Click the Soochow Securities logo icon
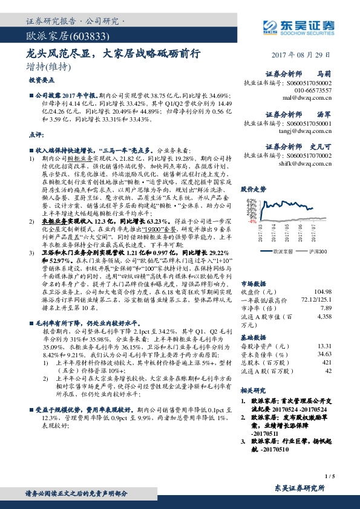271,26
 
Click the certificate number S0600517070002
304,155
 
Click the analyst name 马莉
325,73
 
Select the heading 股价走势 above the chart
254,189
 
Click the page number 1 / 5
330,477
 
